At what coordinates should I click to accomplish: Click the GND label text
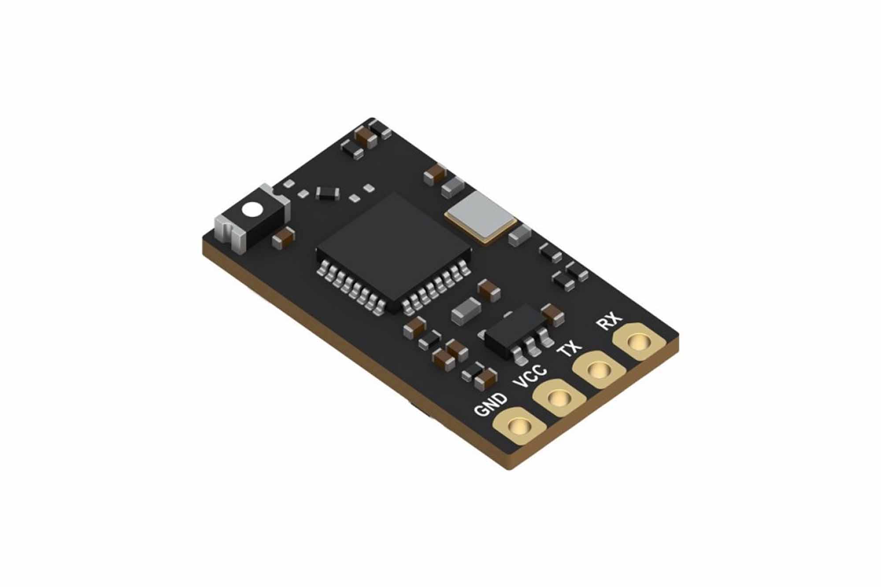pyautogui.click(x=491, y=405)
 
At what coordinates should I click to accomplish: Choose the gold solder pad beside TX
pyautogui.click(x=599, y=370)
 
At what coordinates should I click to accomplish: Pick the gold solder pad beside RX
pyautogui.click(x=639, y=342)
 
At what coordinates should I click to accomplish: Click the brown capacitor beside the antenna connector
pyautogui.click(x=283, y=238)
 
